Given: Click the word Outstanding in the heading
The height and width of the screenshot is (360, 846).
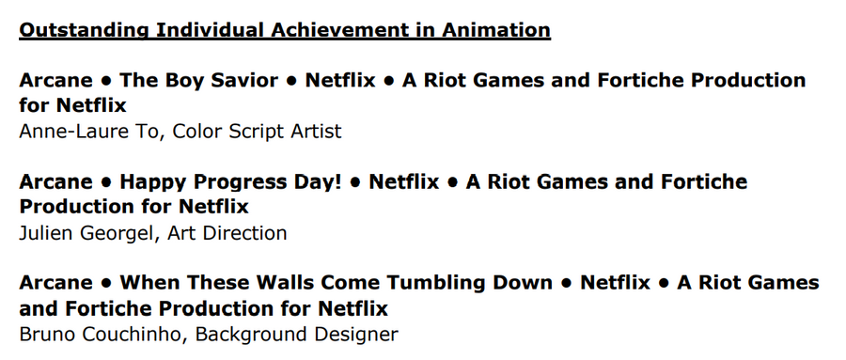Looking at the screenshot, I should (x=83, y=30).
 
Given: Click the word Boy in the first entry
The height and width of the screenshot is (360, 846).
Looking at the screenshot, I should (x=183, y=81).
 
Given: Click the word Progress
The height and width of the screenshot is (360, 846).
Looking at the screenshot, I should (x=247, y=182).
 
